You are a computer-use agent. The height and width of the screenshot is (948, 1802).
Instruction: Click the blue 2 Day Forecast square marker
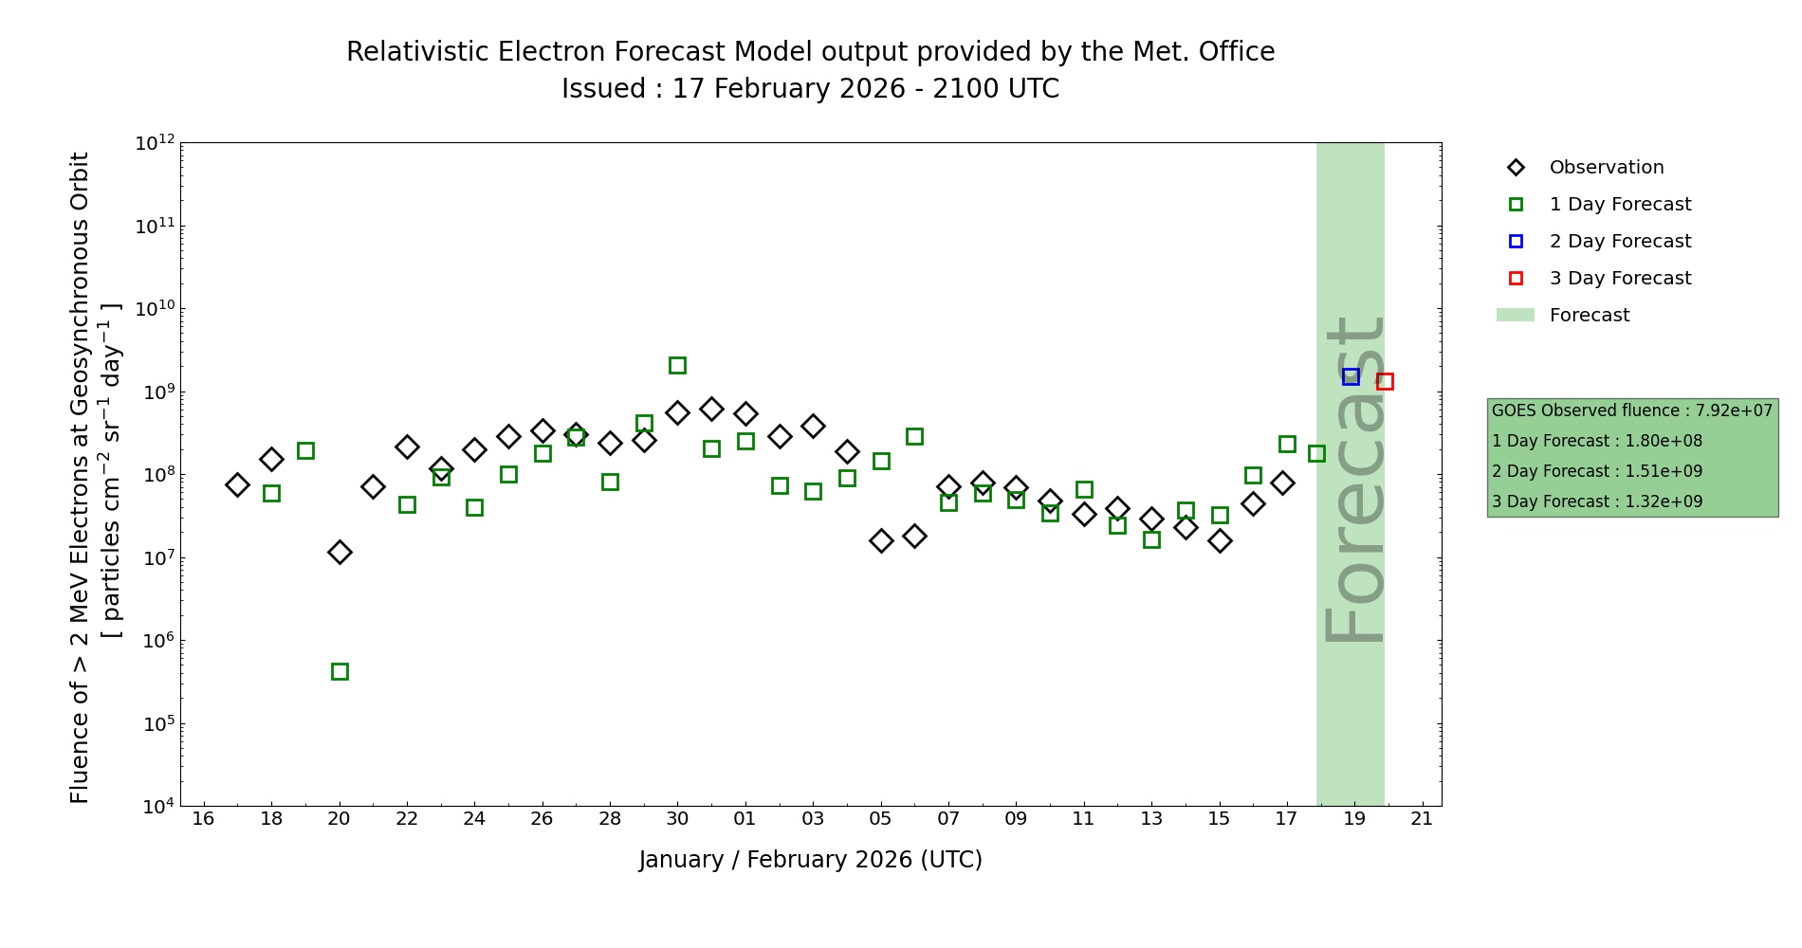pos(1351,376)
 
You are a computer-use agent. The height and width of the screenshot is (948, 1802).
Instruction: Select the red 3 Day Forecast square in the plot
pos(1385,381)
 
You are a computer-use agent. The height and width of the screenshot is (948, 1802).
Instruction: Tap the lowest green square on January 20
pos(340,671)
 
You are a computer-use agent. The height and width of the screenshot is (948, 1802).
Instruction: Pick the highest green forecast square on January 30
pos(677,365)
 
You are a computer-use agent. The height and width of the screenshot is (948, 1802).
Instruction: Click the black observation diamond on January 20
pos(340,552)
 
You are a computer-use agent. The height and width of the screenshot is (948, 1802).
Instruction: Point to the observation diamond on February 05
pos(881,540)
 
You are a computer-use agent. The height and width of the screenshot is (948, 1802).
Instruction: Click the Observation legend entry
pos(1606,168)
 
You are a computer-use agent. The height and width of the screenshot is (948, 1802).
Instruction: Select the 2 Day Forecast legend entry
pos(1619,242)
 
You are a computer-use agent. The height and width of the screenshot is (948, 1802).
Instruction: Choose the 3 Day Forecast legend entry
pos(1619,279)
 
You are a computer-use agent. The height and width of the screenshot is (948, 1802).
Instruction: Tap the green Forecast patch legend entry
pos(1589,316)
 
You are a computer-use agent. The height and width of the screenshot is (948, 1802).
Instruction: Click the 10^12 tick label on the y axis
pos(155,143)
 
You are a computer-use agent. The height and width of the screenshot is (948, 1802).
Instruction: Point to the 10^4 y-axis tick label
pos(155,807)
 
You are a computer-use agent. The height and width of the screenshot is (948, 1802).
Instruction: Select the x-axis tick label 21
pos(1422,819)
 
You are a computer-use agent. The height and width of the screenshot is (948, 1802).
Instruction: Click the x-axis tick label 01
pos(745,819)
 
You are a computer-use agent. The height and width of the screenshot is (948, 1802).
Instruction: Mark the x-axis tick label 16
pos(203,819)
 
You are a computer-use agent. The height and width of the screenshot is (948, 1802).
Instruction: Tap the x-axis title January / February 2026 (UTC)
pos(810,860)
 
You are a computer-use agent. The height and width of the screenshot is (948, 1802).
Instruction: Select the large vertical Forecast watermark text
pos(1353,479)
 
